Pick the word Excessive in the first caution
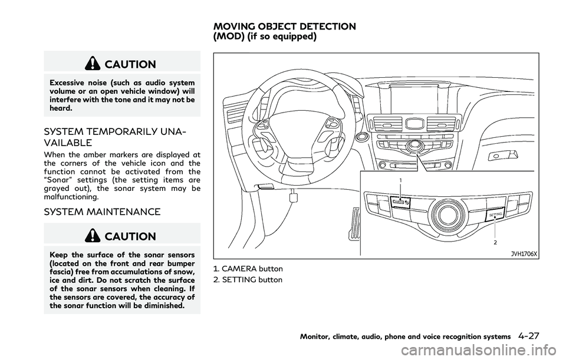pyautogui.click(x=66, y=82)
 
